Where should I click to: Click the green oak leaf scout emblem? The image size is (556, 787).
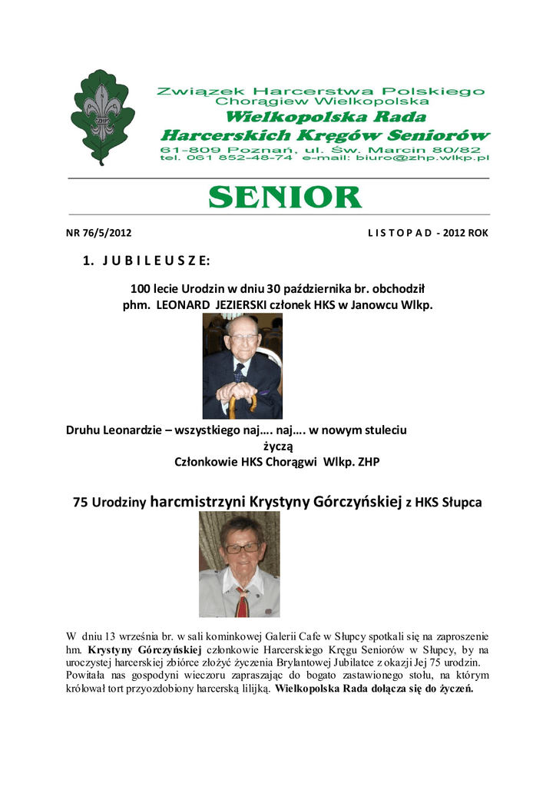[x=102, y=117]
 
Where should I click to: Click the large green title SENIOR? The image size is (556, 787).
[x=285, y=197]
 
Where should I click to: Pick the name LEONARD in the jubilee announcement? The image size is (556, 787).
[x=188, y=305]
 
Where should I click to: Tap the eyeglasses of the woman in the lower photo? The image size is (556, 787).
[x=242, y=548]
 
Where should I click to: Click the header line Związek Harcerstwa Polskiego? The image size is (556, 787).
[x=321, y=91]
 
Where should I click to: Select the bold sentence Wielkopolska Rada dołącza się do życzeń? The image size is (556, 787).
[x=375, y=689]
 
